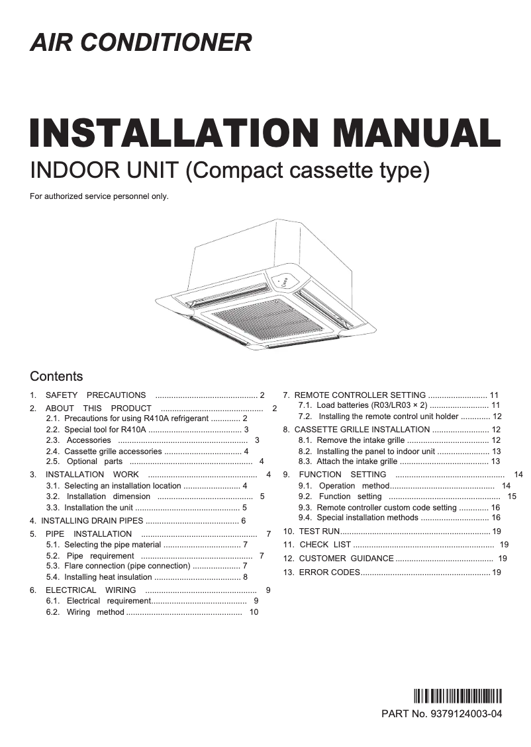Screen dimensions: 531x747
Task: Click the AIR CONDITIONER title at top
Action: coord(141,42)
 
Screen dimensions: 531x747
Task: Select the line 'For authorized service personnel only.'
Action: coord(99,196)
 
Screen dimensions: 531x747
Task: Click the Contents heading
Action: coord(56,376)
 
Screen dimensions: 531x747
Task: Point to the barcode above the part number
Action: coord(458,697)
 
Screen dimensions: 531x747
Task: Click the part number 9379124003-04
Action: coord(466,714)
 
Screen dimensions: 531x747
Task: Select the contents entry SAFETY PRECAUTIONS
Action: coord(95,395)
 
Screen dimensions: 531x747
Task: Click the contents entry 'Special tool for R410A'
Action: coord(105,429)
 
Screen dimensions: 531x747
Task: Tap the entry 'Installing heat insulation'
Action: coord(108,577)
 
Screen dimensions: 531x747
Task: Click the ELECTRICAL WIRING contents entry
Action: coord(91,590)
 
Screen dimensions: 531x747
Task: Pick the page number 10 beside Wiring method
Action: coord(254,612)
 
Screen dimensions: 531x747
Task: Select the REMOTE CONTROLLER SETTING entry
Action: coord(360,395)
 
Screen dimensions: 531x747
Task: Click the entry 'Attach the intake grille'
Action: coord(357,461)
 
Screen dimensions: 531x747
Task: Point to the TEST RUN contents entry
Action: coord(319,531)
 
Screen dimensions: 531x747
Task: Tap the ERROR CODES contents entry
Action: coord(329,572)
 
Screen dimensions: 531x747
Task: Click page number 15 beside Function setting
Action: coord(512,496)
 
